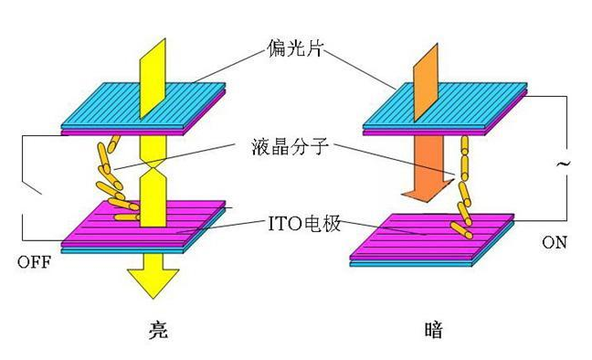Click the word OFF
coord(34,262)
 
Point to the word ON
coord(555,244)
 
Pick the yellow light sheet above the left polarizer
coord(152,73)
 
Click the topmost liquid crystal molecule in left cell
coord(112,143)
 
